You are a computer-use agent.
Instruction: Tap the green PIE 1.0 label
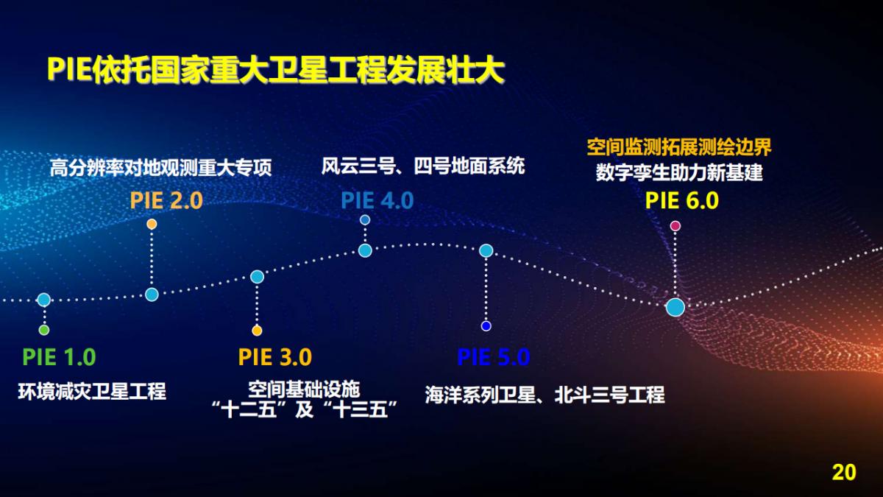59,358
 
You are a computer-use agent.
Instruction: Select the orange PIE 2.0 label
166,200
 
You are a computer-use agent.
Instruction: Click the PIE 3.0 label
274,358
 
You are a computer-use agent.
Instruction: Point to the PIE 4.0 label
377,200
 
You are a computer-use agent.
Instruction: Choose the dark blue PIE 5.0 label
493,358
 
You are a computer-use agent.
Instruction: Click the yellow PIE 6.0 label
681,200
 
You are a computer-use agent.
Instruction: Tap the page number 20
844,472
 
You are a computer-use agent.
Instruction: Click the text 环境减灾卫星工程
92,392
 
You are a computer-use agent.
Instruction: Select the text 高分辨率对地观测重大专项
161,169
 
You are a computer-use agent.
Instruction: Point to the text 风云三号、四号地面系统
423,166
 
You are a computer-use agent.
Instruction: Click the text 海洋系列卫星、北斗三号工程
545,395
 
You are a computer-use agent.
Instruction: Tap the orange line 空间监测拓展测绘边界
678,147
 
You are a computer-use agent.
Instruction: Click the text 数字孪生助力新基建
678,174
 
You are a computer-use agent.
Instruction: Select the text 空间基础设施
303,388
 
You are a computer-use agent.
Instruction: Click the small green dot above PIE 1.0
44,330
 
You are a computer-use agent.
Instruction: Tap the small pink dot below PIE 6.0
675,225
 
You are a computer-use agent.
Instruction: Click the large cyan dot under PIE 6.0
675,307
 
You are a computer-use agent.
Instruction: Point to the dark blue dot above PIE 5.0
486,326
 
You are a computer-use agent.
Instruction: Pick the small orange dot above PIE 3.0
257,330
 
